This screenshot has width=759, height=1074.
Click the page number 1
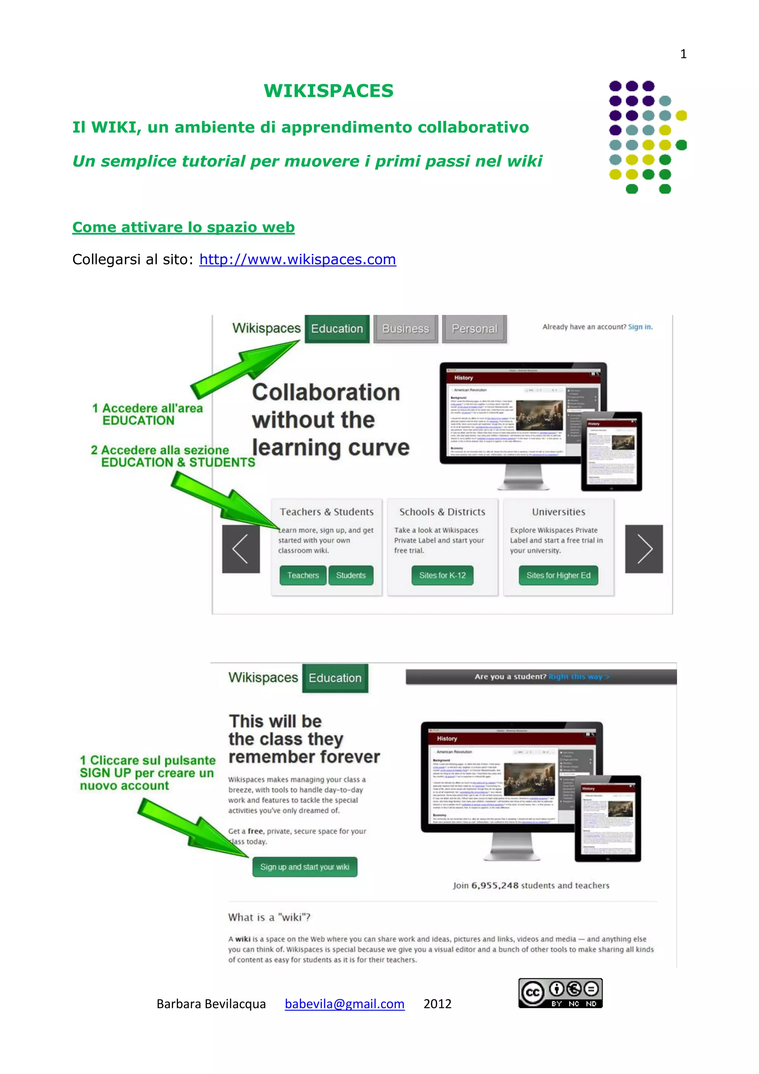tap(683, 54)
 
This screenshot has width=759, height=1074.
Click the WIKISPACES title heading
tap(328, 91)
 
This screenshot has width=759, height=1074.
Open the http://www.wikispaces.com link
tap(298, 259)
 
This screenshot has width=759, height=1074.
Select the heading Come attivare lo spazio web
tap(183, 227)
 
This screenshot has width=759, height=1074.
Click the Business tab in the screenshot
tap(405, 329)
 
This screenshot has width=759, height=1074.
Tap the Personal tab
tap(474, 329)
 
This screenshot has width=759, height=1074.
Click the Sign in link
tap(640, 327)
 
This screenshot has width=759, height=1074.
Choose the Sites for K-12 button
tap(442, 575)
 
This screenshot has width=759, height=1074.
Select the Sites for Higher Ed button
tap(558, 575)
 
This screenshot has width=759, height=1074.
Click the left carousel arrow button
tap(241, 549)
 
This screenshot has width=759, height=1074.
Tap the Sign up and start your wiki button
tap(304, 867)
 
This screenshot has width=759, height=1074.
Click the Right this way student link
tap(579, 677)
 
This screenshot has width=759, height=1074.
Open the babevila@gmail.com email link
tap(344, 1004)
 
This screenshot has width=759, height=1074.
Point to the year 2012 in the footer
tap(437, 1004)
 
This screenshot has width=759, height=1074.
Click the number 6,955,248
tap(495, 886)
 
